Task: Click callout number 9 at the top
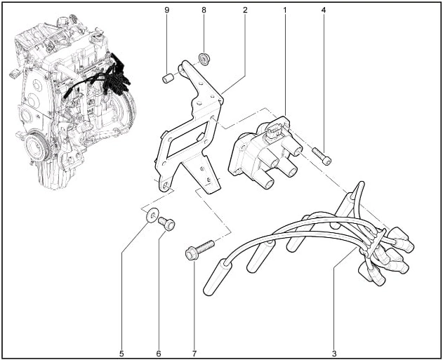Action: (x=166, y=10)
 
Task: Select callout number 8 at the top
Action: (x=204, y=10)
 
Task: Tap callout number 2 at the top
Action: (x=245, y=10)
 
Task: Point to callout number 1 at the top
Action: (x=285, y=10)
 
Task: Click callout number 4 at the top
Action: (x=324, y=10)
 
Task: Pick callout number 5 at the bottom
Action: (x=121, y=354)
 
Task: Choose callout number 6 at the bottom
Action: (x=159, y=354)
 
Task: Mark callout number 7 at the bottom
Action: (x=194, y=354)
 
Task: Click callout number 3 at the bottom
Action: (x=334, y=354)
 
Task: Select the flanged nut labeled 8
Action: (x=204, y=58)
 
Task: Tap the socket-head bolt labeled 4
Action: (x=322, y=156)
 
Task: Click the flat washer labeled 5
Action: (x=151, y=215)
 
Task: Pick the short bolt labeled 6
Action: (x=166, y=224)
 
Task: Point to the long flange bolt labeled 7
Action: (x=199, y=249)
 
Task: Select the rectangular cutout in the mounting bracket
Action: (x=187, y=141)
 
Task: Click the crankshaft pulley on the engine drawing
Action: (x=37, y=147)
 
